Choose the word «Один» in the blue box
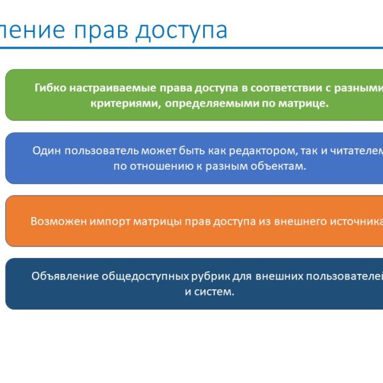pyautogui.click(x=45, y=151)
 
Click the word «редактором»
pyautogui.click(x=246, y=151)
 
